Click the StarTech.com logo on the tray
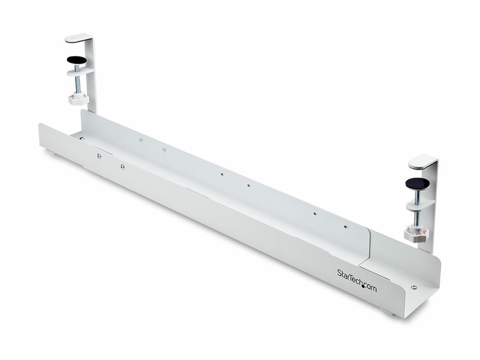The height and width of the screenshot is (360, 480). [356, 280]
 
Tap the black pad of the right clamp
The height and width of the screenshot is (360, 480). [417, 182]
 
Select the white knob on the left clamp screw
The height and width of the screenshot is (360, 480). [79, 98]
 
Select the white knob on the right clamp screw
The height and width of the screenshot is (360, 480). [415, 233]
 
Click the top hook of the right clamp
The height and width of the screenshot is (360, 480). [423, 161]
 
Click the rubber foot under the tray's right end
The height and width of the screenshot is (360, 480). [389, 313]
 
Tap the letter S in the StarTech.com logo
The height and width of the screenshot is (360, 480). [340, 273]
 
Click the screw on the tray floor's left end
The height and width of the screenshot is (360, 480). [82, 138]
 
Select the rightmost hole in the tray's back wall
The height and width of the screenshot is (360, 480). [344, 227]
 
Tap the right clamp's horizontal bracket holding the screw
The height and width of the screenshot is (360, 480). [419, 204]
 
